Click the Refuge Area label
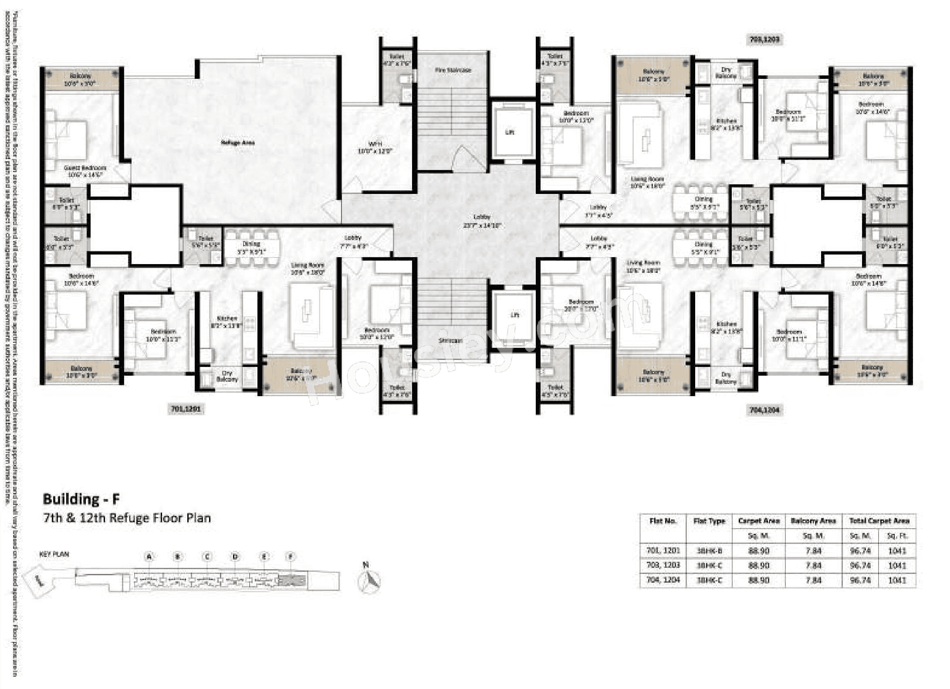coord(238,143)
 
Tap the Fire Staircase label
coord(453,70)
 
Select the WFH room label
coord(375,147)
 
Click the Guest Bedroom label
coord(85,171)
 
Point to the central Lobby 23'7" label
coord(482,221)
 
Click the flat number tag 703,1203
coord(764,40)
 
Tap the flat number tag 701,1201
coord(186,409)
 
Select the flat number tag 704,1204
coord(764,410)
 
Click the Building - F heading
coord(81,499)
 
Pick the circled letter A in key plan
coord(149,557)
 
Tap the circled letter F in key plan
coord(291,557)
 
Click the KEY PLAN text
coord(54,554)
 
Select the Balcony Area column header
coord(813,521)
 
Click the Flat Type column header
coord(709,521)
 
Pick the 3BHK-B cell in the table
coord(709,551)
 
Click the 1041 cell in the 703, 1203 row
coord(897,566)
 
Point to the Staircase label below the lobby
coord(450,340)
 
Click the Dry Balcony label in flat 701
coord(227,377)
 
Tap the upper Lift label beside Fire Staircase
coord(510,132)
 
